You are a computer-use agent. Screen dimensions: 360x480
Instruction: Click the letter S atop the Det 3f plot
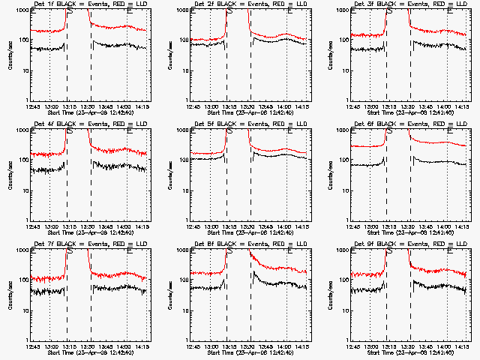tap(390, 11)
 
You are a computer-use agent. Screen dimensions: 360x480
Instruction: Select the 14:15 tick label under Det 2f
tap(304, 106)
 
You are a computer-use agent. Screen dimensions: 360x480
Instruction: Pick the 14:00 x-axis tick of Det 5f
tap(286, 226)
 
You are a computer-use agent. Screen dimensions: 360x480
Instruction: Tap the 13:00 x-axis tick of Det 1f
tap(50, 106)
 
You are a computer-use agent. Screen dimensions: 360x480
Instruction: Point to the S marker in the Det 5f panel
tap(229, 131)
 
